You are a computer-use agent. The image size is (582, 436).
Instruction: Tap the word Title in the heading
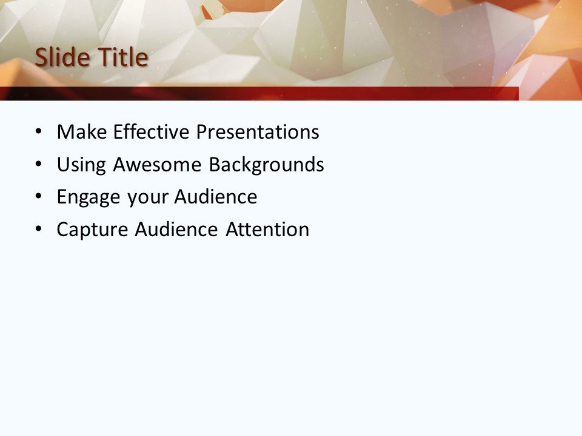[x=119, y=58]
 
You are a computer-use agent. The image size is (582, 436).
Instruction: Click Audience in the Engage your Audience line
[x=216, y=197]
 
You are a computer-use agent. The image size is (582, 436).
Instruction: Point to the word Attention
[x=267, y=230]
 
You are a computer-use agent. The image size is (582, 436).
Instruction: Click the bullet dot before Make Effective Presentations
[x=39, y=132]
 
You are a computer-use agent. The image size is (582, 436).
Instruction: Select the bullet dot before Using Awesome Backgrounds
[x=39, y=165]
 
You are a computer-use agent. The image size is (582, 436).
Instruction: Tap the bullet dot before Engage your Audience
[x=39, y=197]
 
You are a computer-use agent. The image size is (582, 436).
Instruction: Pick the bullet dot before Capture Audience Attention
[x=39, y=230]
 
